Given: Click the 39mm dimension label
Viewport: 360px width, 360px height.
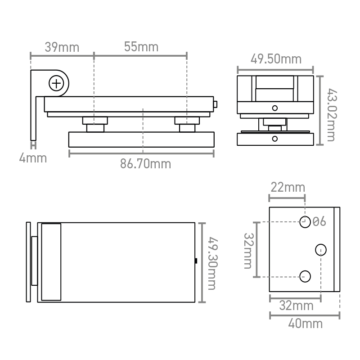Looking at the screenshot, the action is click(x=62, y=47).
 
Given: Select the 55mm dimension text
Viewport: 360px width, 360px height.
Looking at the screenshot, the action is click(x=141, y=47).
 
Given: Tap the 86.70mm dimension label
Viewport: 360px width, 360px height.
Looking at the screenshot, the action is click(x=145, y=164).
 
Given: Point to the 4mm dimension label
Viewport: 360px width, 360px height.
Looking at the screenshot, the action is click(x=33, y=158).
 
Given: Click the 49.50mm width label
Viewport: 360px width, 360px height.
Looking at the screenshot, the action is click(x=276, y=59).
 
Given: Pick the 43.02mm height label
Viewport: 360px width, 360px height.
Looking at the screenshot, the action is click(x=332, y=115).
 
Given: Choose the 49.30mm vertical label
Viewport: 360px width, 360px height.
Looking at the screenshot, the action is click(x=212, y=263).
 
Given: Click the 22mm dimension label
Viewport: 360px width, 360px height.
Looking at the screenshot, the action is click(x=288, y=187).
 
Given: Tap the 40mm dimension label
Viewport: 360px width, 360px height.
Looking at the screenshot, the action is click(x=306, y=324).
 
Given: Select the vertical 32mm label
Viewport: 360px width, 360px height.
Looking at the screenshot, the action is click(x=248, y=251).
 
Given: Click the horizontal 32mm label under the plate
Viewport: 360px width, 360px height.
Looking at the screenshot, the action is click(x=296, y=306).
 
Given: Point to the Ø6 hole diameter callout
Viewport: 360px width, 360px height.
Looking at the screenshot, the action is click(x=319, y=221).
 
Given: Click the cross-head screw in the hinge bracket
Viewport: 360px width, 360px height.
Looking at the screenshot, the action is click(x=56, y=83).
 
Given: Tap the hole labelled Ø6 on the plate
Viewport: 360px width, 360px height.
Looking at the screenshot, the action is click(x=305, y=222).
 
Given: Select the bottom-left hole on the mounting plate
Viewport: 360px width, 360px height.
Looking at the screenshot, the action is click(x=305, y=276).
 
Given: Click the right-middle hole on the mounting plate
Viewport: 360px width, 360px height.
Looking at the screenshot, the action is click(x=321, y=250).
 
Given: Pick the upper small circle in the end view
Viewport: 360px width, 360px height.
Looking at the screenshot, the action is click(x=275, y=108).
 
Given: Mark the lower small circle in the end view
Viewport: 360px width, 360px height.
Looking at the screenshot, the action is click(x=275, y=139).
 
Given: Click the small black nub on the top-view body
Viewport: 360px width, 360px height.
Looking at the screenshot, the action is click(x=196, y=261).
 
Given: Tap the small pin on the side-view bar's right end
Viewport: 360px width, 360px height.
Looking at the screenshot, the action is click(x=216, y=104).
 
